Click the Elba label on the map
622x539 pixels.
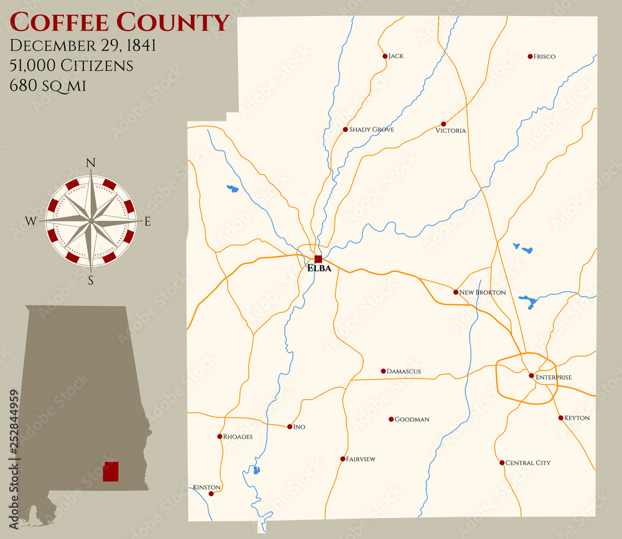[319, 269]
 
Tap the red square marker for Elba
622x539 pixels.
[318, 259]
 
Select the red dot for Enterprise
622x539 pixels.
[531, 376]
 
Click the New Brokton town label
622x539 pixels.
[483, 293]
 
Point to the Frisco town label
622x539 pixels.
[545, 57]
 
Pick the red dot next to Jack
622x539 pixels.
[385, 56]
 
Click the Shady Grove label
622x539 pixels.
[371, 129]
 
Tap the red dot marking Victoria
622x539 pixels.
[443, 124]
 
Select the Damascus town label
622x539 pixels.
[404, 372]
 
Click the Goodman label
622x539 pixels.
[412, 419]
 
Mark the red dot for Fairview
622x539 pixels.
[342, 459]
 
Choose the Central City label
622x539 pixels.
[527, 463]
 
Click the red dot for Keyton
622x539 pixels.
[560, 418]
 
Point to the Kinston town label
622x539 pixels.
[207, 487]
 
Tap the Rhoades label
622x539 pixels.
[238, 437]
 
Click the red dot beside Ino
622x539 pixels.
[289, 427]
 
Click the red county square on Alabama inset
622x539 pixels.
[110, 472]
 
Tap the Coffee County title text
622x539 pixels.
[120, 22]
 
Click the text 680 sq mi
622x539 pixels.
[47, 86]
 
